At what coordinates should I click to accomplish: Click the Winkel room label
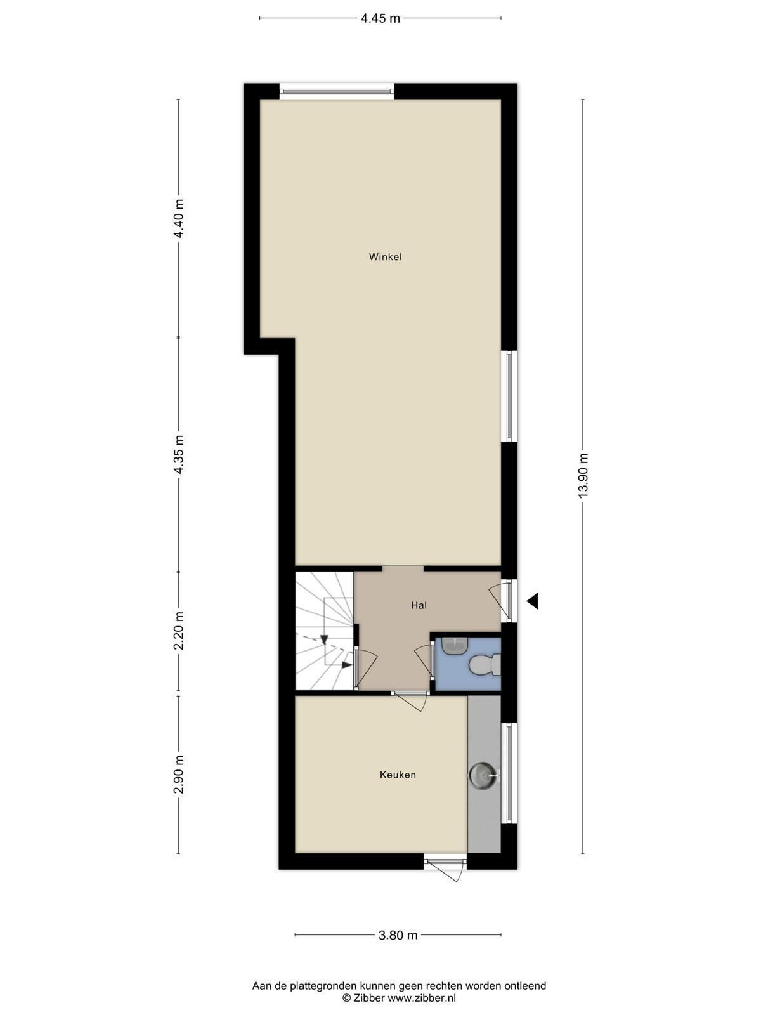[x=385, y=257]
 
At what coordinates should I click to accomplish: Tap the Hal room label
[x=419, y=605]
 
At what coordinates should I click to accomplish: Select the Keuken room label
[x=398, y=775]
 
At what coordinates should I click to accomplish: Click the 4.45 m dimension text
[x=380, y=18]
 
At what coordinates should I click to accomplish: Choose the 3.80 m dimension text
[x=398, y=932]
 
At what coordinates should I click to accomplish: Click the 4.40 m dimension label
[x=179, y=218]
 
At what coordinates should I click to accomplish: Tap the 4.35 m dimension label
[x=179, y=454]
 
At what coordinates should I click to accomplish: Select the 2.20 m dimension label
[x=179, y=631]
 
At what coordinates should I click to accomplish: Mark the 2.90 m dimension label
[x=179, y=775]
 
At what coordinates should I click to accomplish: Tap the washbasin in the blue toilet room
[x=455, y=646]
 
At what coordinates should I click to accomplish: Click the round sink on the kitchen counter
[x=483, y=775]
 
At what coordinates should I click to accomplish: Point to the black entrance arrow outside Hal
[x=532, y=601]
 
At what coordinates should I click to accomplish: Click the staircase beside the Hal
[x=324, y=631]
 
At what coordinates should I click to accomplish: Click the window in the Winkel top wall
[x=337, y=91]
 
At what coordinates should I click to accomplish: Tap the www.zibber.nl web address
[x=421, y=987]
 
